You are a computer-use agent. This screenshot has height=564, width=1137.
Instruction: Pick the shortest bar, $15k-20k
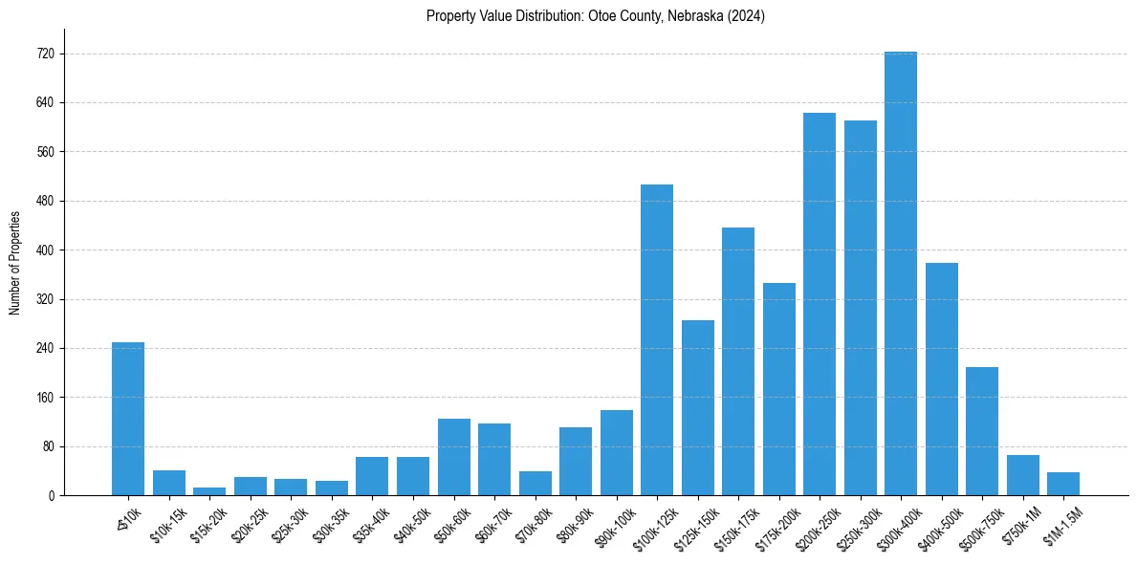click(209, 491)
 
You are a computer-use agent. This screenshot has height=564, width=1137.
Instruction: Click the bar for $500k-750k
click(982, 431)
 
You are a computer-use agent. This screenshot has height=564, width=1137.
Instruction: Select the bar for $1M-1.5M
click(1063, 484)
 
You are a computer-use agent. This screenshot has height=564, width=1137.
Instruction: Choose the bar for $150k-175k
click(738, 361)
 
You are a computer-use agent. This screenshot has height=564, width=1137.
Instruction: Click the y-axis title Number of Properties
click(14, 263)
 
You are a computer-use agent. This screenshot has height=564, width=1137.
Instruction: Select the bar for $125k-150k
click(698, 407)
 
